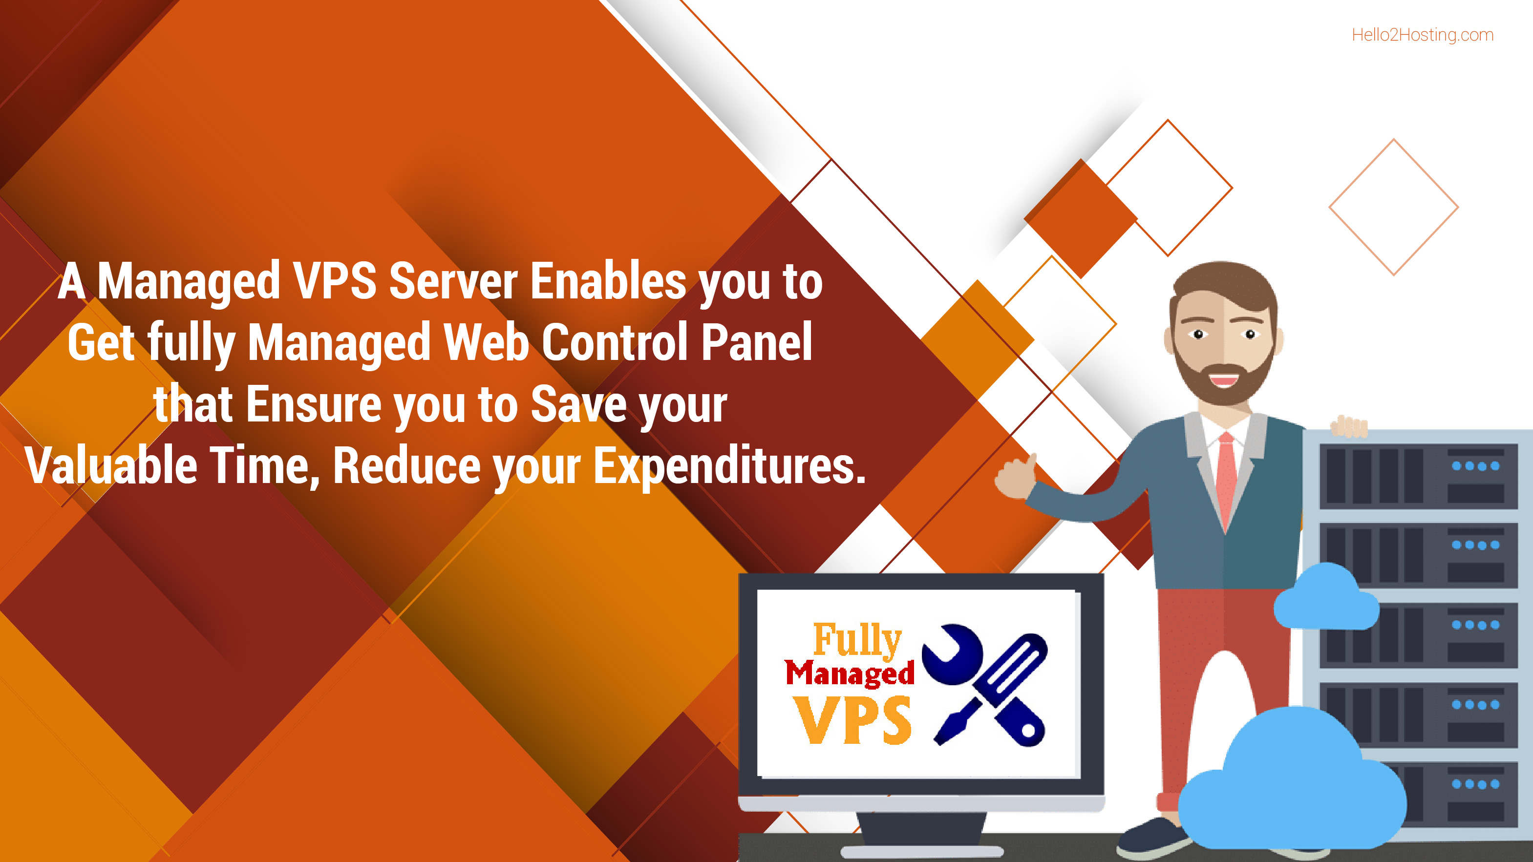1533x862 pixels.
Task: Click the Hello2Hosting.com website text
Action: click(x=1422, y=35)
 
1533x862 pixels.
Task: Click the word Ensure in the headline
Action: click(x=314, y=404)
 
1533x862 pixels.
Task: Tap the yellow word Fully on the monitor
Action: click(x=857, y=640)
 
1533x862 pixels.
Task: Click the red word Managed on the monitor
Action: click(x=849, y=674)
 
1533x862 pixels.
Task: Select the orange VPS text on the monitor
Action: click(x=852, y=721)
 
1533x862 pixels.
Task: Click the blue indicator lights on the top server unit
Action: click(x=1475, y=466)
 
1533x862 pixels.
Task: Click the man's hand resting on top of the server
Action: click(x=1349, y=426)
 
